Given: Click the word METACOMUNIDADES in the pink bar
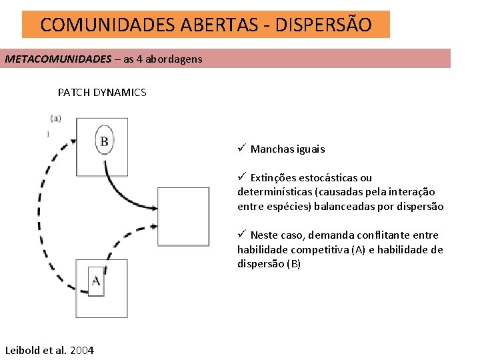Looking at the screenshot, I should pyautogui.click(x=58, y=59).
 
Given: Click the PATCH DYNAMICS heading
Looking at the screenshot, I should pyautogui.click(x=102, y=93).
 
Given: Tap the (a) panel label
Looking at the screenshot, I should pyautogui.click(x=56, y=119).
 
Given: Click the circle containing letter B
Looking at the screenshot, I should pyautogui.click(x=104, y=140).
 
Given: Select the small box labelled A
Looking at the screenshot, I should pyautogui.click(x=96, y=279).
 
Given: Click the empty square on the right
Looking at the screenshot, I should pyautogui.click(x=183, y=217).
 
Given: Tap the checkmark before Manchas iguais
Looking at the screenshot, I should pyautogui.click(x=243, y=148).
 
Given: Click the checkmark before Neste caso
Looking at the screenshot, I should pyautogui.click(x=243, y=234).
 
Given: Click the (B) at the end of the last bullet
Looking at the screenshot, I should pyautogui.click(x=293, y=264).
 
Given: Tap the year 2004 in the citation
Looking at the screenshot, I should pyautogui.click(x=81, y=350).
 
